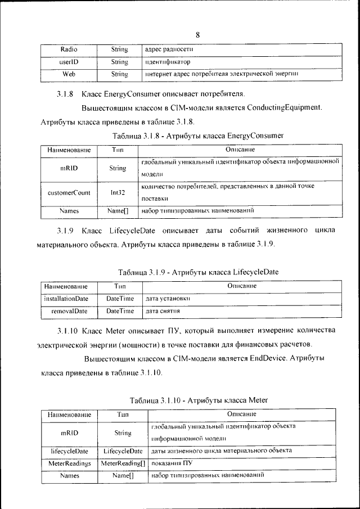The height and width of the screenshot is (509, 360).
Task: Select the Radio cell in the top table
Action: point(69,50)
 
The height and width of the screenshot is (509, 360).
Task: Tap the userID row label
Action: point(69,62)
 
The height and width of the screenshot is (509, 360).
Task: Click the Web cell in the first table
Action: point(69,74)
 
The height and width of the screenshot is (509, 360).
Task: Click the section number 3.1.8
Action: point(65,93)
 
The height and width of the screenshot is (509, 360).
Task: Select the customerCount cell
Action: point(69,192)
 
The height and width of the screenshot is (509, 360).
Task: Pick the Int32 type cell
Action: point(118,192)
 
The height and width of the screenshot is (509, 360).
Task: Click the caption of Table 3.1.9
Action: point(197,272)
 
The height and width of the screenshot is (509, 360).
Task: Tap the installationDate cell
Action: point(66,298)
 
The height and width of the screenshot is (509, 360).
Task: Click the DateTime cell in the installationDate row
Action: point(120,298)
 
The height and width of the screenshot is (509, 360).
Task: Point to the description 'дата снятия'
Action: point(163,310)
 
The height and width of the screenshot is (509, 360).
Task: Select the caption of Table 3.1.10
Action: point(199,400)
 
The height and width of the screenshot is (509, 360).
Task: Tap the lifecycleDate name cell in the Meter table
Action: point(69,451)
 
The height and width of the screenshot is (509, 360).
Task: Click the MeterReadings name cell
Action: point(69,463)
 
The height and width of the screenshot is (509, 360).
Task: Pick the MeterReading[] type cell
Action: point(123,463)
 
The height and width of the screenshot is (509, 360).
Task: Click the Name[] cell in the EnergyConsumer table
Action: point(118,211)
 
